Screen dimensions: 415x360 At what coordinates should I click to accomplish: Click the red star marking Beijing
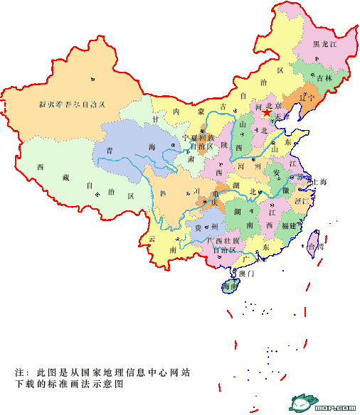[x=266, y=112]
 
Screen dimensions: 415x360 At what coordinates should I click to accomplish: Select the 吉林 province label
[x=324, y=77]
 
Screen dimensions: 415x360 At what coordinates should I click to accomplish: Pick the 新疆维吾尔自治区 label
[x=72, y=104]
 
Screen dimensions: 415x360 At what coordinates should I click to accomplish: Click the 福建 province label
[x=289, y=225]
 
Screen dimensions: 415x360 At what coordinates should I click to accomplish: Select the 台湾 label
[x=314, y=247]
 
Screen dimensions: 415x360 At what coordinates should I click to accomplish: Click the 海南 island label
[x=230, y=286]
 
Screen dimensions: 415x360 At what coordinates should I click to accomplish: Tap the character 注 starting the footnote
[x=19, y=372]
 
